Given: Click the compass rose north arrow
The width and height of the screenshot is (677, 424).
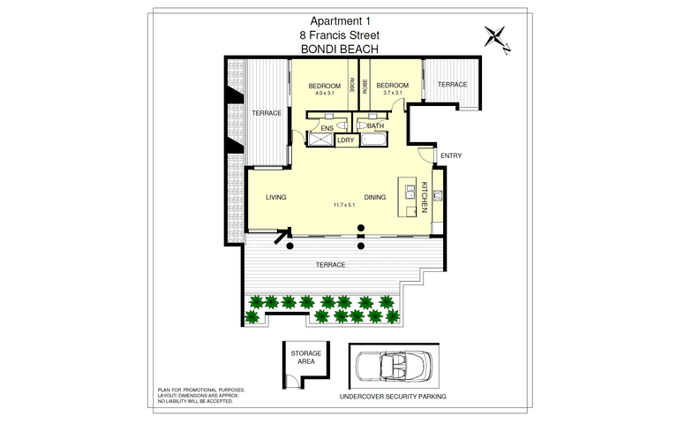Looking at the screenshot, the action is coord(498,38).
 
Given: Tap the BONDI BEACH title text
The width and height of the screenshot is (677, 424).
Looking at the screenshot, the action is coord(339,49).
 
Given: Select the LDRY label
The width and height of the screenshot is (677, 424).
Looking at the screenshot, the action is coord(346,140).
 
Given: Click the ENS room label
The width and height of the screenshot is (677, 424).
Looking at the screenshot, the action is coord(327,128).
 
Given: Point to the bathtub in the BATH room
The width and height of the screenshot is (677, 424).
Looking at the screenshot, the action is coord(374,140).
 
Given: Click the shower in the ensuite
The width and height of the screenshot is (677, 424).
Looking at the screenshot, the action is coord(320,140).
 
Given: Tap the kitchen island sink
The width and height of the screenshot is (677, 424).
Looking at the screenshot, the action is coord(410,192).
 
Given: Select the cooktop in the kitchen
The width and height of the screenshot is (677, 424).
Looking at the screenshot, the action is coord(438,195).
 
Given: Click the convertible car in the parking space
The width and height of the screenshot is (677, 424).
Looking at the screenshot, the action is coord(394,366).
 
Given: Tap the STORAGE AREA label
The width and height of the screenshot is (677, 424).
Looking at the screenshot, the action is coord(305,357).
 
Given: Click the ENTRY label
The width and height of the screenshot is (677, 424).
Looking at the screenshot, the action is coord(451,155).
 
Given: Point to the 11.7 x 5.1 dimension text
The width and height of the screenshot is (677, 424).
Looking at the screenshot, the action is coord(344,205).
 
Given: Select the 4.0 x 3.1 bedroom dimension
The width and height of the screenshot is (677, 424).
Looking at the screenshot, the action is coord(325,93).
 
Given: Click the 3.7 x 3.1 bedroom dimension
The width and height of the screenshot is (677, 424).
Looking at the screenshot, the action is coord(393,92).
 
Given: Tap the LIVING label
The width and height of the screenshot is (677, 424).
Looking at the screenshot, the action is coord(276,197).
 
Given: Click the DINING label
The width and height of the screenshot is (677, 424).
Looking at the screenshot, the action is coord(375,197).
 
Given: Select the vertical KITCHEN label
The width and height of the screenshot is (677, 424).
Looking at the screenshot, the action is coord(424,197).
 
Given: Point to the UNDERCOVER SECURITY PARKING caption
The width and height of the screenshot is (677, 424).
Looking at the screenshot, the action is coord(393,397).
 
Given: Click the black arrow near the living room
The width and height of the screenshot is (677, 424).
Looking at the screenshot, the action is coord(282,235).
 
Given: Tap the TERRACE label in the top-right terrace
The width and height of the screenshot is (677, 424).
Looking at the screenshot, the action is coord(453,84).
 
